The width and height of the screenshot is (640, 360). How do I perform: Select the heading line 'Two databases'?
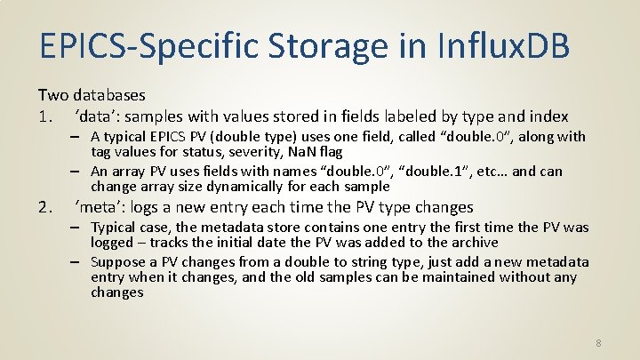(x=92, y=94)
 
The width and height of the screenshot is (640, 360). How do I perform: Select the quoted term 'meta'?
(x=101, y=208)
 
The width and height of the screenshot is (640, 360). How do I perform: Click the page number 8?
(x=599, y=343)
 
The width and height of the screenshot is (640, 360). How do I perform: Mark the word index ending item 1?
(x=548, y=116)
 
